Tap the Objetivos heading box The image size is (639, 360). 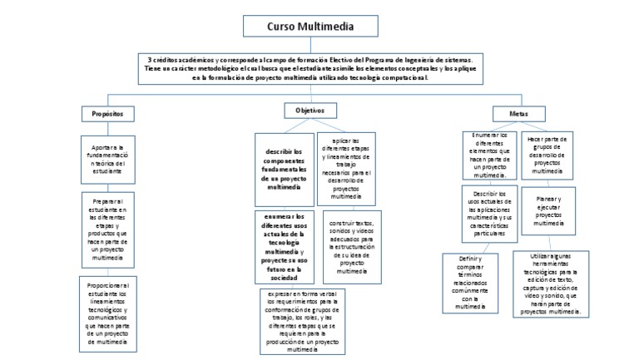pyautogui.click(x=310, y=111)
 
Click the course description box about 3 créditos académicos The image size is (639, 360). pyautogui.click(x=310, y=69)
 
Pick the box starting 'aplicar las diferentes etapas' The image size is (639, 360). pyautogui.click(x=345, y=169)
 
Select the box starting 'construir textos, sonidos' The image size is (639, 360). pyautogui.click(x=346, y=247)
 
